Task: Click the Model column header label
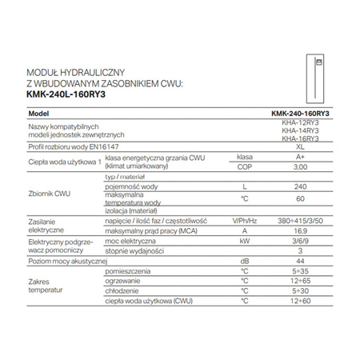(x=39, y=114)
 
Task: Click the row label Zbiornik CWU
(x=50, y=190)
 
